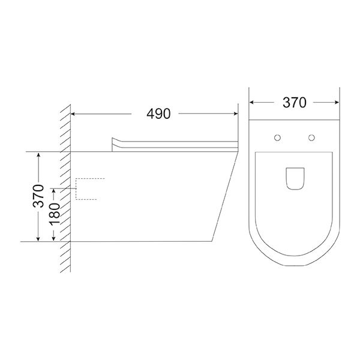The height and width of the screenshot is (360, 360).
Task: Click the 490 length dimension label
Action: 158,113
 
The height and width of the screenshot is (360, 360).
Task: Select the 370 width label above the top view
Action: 295,103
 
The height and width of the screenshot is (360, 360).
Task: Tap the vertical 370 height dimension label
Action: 38,196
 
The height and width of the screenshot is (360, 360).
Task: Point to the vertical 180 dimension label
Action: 54,214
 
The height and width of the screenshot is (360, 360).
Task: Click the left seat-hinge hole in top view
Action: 277,138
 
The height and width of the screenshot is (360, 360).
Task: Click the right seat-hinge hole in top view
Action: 311,138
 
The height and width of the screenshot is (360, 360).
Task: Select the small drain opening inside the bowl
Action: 295,179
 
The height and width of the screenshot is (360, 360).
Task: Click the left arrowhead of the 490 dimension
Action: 73,113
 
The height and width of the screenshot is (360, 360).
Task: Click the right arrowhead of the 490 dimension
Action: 235,113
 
